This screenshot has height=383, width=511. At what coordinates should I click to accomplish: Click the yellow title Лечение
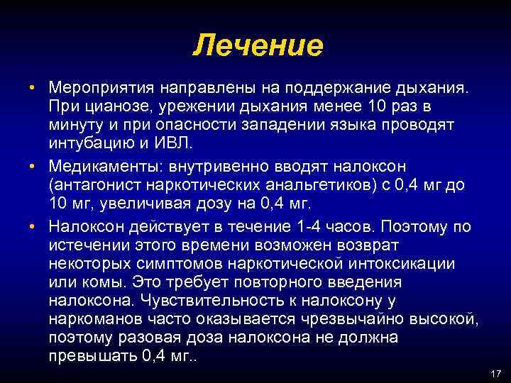tap(258, 45)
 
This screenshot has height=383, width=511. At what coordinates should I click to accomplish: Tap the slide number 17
tap(495, 373)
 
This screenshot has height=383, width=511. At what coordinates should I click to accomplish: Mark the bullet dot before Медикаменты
tap(33, 166)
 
